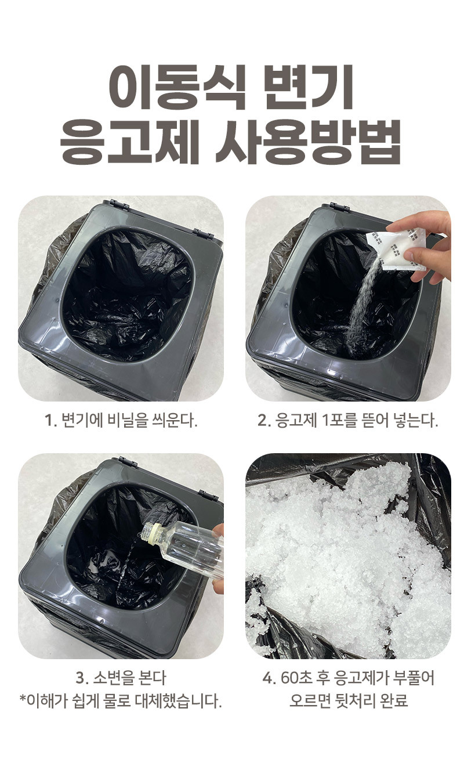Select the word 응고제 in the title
coord(129,142)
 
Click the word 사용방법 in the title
coord(309,142)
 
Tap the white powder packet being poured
coord(395,248)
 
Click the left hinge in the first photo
coord(119,205)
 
